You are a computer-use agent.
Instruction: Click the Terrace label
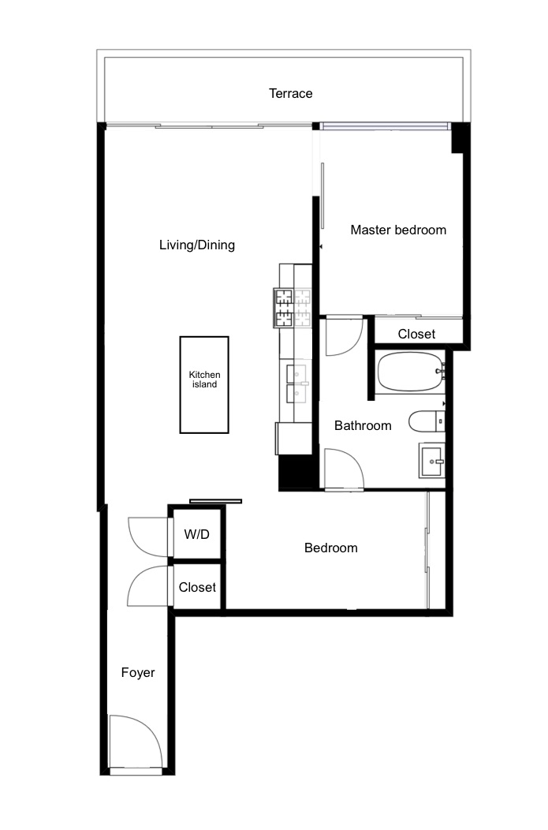[x=290, y=94]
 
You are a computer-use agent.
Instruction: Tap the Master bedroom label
[x=398, y=230]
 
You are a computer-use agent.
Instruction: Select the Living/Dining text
[x=197, y=245]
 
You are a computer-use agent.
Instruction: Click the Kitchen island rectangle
[x=204, y=385]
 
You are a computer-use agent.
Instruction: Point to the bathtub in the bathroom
[x=411, y=372]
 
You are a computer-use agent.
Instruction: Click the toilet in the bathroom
[x=427, y=421]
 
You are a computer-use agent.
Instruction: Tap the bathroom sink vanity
[x=431, y=461]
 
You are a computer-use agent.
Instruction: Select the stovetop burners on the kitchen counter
[x=292, y=308]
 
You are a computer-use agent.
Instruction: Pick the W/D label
[x=197, y=534]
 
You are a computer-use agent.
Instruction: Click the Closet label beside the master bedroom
[x=416, y=334]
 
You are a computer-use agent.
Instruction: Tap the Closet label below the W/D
[x=197, y=587]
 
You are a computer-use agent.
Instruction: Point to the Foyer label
[x=138, y=672]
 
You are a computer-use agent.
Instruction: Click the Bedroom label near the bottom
[x=331, y=548]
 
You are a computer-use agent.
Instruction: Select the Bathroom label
[x=363, y=425]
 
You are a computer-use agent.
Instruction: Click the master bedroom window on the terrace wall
[x=385, y=126]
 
